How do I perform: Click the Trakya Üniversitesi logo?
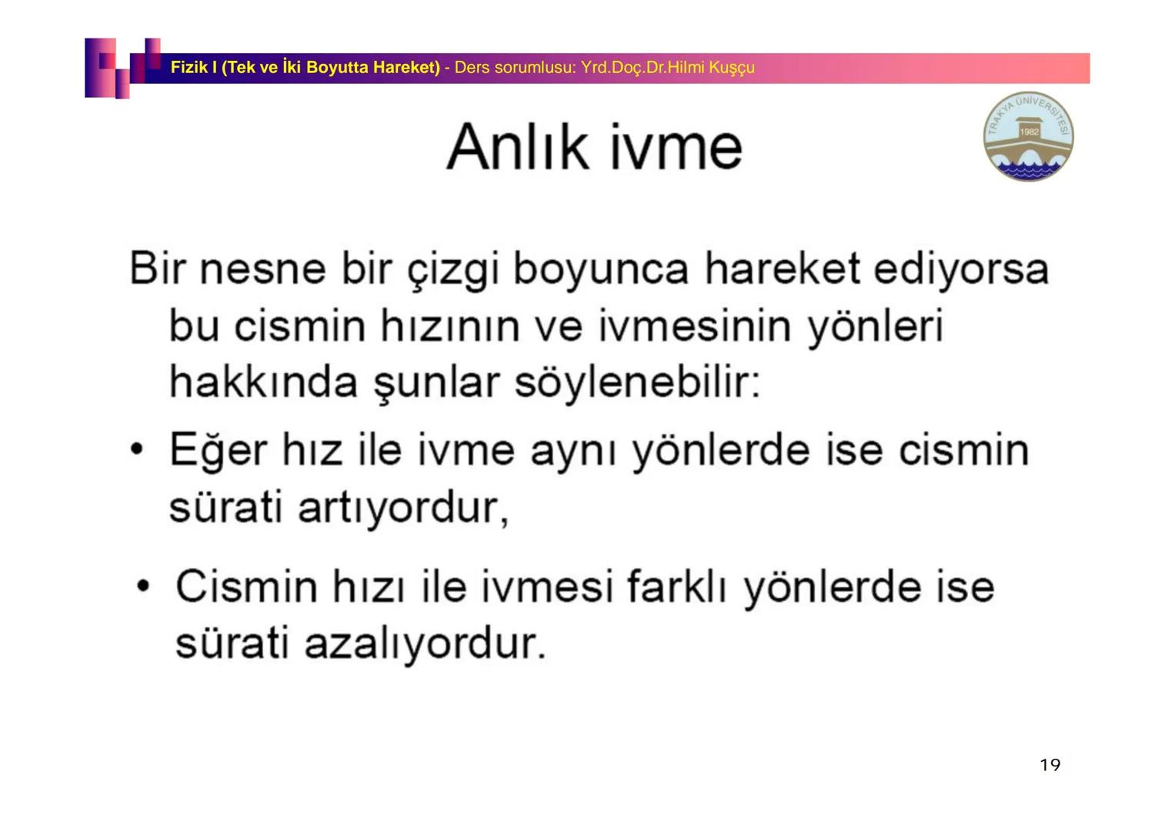pos(1028,137)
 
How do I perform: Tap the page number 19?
pos(1050,765)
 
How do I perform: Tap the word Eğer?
pos(218,450)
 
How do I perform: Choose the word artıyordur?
pos(402,508)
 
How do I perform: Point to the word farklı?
pos(676,586)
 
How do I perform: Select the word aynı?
pos(574,451)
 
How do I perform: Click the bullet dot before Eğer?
pos(137,449)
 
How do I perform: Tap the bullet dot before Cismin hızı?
pos(142,586)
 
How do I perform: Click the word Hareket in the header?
pos(406,68)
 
